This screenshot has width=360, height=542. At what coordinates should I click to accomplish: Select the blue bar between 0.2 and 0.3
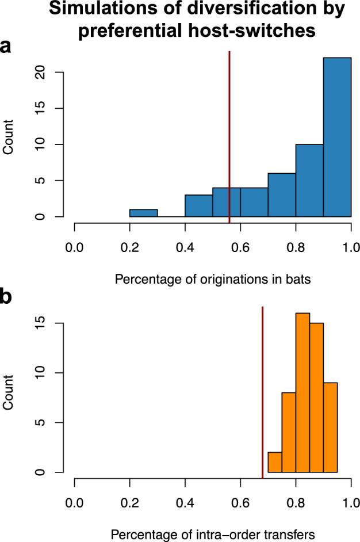pos(144,213)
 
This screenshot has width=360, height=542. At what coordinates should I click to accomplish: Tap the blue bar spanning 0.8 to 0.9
pos(309,181)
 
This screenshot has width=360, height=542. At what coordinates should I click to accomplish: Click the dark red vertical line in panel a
pos(229,132)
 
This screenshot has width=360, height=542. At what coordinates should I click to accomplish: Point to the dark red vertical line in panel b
pos(263,391)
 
